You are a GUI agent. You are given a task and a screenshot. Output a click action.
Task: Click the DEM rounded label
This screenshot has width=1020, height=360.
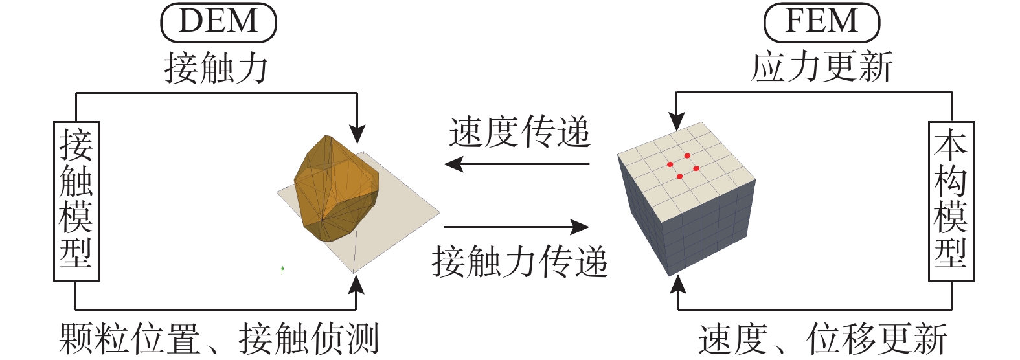pos(219,22)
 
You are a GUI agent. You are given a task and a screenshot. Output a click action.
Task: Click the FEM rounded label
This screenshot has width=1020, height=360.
pos(821,22)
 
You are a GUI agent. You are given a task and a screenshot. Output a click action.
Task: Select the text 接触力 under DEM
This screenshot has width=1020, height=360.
pos(216,68)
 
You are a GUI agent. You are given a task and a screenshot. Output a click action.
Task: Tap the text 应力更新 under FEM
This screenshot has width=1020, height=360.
pos(821,67)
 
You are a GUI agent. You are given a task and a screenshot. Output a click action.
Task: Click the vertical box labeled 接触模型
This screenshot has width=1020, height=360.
pos(76,201)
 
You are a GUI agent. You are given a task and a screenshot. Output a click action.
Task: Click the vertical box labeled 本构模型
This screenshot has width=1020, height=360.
pos(951,201)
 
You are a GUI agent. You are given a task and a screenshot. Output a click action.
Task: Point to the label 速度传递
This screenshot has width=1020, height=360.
pos(519,132)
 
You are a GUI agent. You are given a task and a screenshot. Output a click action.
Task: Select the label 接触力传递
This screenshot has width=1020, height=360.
pos(519,262)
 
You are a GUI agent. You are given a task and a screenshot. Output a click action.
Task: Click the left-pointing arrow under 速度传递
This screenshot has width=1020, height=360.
pos(516,164)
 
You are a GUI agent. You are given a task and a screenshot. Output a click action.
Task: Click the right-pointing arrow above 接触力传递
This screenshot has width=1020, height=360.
pos(516,227)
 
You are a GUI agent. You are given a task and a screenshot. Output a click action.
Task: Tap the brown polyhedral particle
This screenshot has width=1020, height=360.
pos(336,188)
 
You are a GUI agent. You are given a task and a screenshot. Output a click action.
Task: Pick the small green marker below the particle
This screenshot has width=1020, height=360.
pos(283,269)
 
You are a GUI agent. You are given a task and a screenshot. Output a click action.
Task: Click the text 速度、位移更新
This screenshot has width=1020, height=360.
pos(823,339)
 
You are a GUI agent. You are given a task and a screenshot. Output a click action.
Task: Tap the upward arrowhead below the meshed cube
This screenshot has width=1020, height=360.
pos(678,285)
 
